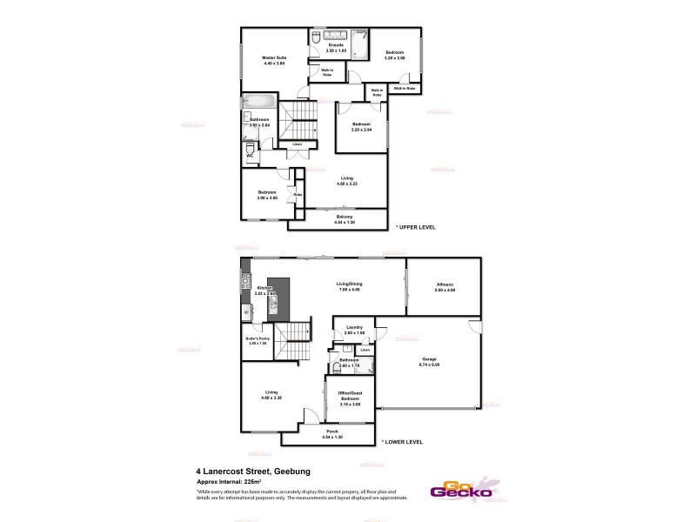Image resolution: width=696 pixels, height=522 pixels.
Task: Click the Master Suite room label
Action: [274, 58]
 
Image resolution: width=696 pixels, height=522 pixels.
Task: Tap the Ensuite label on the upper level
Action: [336, 43]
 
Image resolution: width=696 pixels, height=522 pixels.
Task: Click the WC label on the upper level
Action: [248, 156]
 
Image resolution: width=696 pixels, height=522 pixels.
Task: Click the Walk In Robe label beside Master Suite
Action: [327, 73]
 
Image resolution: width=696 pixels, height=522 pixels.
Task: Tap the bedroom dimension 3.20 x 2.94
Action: [362, 130]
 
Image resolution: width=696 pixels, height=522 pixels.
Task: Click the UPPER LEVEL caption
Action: [416, 227]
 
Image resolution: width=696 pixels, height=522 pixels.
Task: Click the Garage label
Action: [429, 358]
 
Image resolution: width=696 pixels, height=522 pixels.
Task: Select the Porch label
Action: [332, 432]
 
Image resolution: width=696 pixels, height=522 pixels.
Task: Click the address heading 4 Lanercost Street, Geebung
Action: [252, 472]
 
